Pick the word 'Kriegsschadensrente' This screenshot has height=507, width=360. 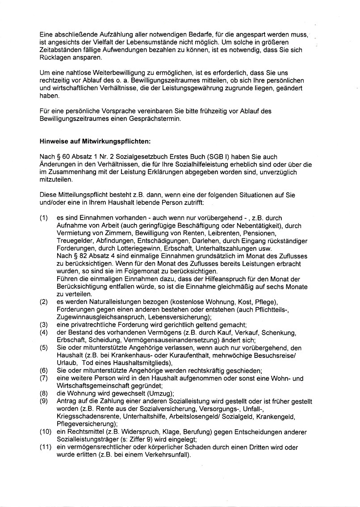click(88, 416)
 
